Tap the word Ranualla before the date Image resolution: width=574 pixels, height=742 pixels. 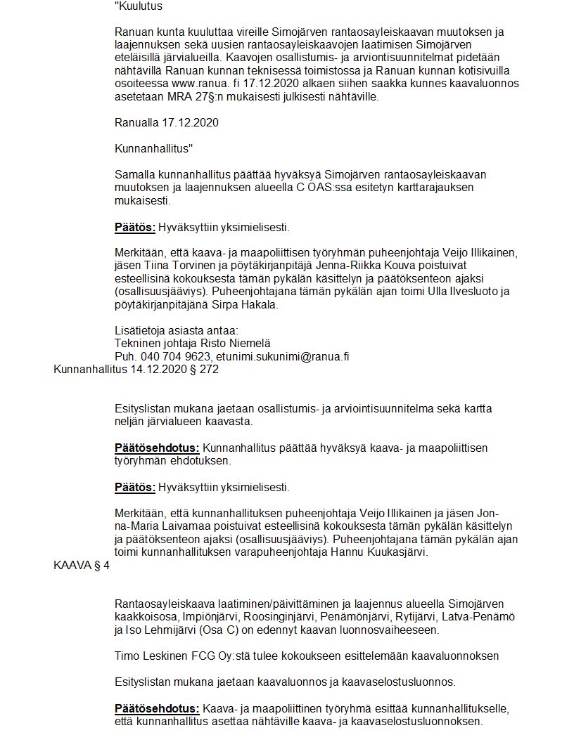(138, 123)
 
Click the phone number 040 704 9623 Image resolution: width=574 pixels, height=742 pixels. (174, 356)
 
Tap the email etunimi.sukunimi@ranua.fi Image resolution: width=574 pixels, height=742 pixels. (282, 356)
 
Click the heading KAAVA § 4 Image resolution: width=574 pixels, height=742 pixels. (81, 564)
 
